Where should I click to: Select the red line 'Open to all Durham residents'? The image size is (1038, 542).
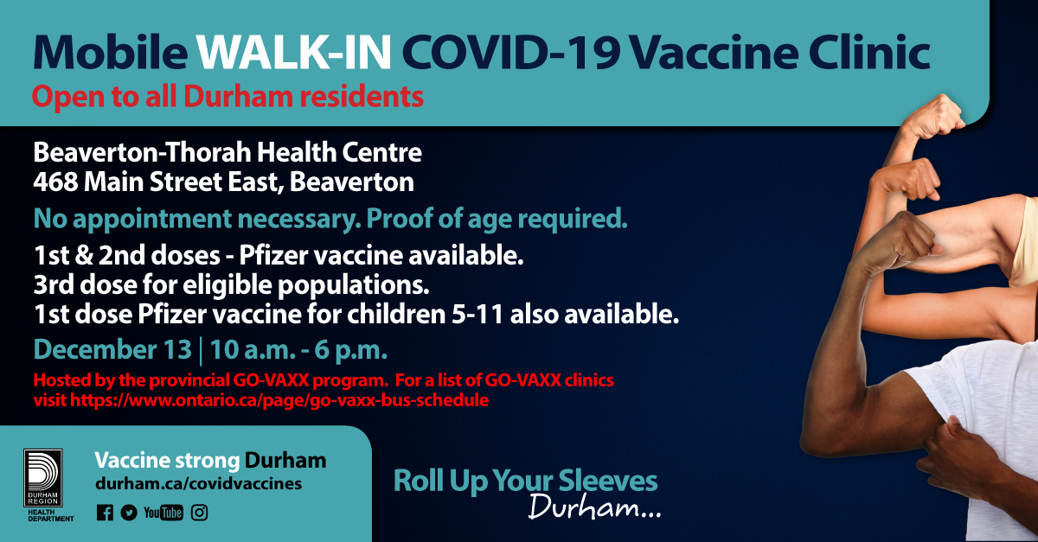[227, 96]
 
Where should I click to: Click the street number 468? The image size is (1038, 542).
[56, 182]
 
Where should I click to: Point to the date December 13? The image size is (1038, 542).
[112, 352]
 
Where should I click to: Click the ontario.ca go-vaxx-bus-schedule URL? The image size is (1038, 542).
[279, 400]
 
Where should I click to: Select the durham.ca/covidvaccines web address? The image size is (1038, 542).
[198, 483]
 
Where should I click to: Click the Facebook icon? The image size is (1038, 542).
[105, 513]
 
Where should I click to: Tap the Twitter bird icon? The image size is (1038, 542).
[129, 513]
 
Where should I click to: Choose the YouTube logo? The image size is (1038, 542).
[163, 513]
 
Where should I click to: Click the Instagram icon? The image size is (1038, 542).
[200, 513]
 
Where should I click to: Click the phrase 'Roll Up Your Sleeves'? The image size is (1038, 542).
[525, 481]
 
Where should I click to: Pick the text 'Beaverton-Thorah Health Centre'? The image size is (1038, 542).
[227, 154]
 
